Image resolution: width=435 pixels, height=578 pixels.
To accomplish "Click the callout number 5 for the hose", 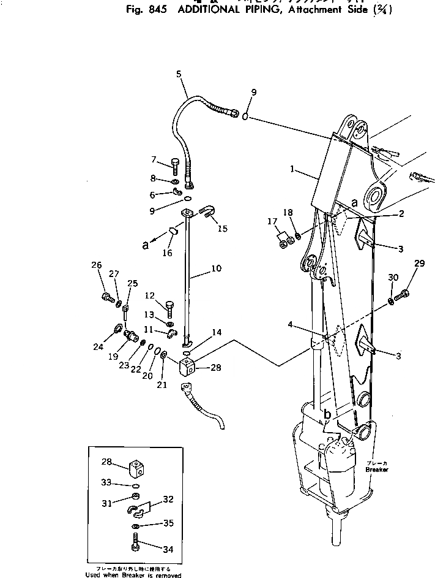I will [x=179, y=74].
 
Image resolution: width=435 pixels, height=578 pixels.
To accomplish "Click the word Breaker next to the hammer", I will [x=377, y=470].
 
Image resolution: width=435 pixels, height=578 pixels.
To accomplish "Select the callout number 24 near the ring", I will [x=98, y=346].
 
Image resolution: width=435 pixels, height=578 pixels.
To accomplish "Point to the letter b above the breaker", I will [x=327, y=415].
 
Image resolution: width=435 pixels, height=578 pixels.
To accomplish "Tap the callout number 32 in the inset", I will [x=169, y=499].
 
